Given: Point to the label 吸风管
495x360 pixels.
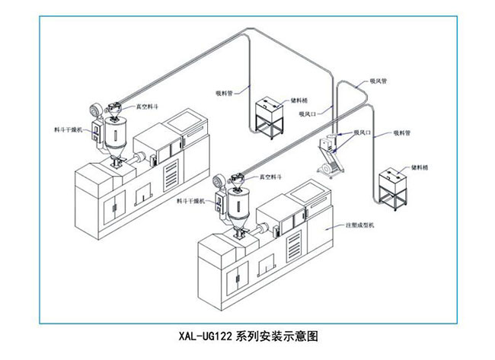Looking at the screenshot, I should pyautogui.click(x=379, y=80).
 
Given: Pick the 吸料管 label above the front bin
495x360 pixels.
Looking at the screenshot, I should pyautogui.click(x=402, y=132).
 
